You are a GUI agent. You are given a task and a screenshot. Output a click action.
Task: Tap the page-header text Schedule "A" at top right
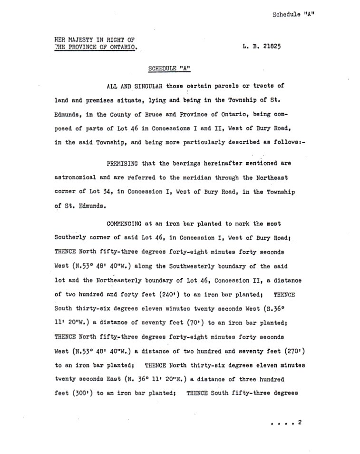tap(293, 14)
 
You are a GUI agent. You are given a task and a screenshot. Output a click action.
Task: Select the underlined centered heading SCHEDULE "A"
tap(169, 69)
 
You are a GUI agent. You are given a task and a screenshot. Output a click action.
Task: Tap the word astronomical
tap(76, 178)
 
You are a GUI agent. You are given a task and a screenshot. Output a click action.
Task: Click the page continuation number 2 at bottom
tap(300, 423)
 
